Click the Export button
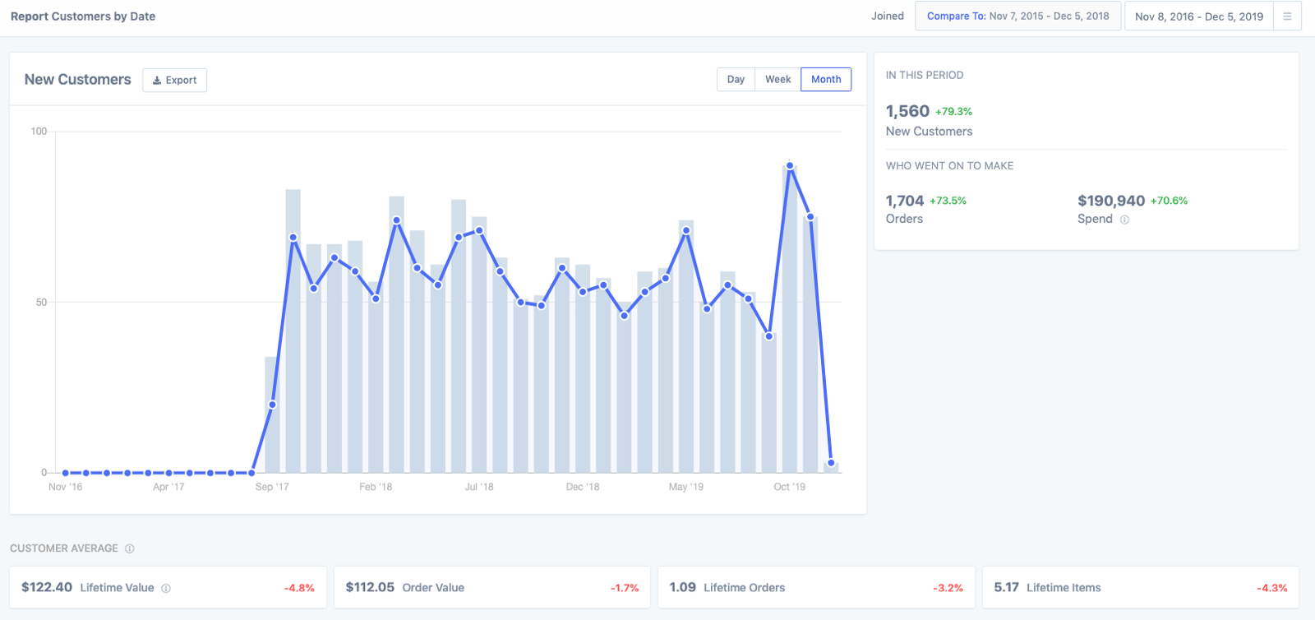(x=174, y=80)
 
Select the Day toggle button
(x=736, y=80)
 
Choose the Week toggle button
(x=777, y=80)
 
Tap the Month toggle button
(x=826, y=80)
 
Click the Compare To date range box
(x=1017, y=16)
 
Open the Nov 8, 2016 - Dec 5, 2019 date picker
(x=1198, y=16)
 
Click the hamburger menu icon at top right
(x=1287, y=16)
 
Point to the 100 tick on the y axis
(x=39, y=132)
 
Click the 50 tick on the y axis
(x=41, y=303)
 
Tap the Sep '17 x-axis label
(x=272, y=487)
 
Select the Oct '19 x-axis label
(x=789, y=487)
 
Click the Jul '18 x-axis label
(x=479, y=487)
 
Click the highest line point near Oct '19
(x=790, y=166)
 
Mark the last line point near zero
(x=831, y=463)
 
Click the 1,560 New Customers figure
(x=907, y=111)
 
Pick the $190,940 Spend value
(x=1110, y=201)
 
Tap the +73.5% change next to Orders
(x=948, y=201)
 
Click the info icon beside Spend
(x=1124, y=220)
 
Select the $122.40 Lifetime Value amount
(x=47, y=587)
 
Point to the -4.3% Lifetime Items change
(x=1271, y=588)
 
